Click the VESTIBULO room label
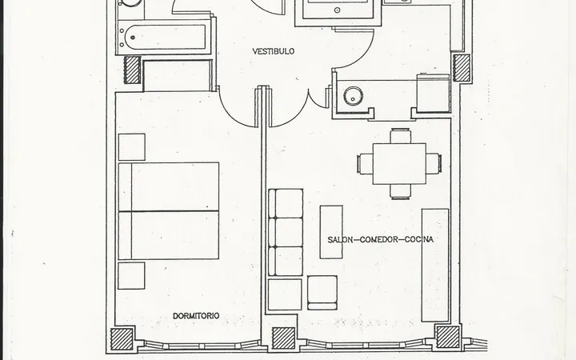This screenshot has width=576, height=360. (x=274, y=51)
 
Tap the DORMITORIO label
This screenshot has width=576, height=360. (x=196, y=316)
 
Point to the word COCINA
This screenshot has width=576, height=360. (x=419, y=239)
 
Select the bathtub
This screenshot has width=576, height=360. (x=165, y=37)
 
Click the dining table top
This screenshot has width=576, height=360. (x=399, y=163)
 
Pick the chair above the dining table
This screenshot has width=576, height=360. (x=401, y=135)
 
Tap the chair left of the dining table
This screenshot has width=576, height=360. (x=365, y=163)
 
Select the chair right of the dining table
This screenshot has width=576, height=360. (x=434, y=163)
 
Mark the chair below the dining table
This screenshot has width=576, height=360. (x=401, y=192)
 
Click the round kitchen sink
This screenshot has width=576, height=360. (x=353, y=96)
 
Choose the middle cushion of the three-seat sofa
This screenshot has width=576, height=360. (x=286, y=232)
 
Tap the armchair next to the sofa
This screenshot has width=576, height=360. (x=322, y=293)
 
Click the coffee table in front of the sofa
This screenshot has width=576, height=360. (x=331, y=232)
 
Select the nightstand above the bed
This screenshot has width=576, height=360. (x=132, y=147)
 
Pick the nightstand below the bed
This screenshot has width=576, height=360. (x=131, y=275)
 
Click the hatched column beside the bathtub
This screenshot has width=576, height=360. (x=131, y=70)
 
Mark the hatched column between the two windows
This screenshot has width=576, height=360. (x=283, y=338)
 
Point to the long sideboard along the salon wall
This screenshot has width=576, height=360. (x=435, y=266)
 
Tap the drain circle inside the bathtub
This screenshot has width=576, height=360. (x=133, y=37)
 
